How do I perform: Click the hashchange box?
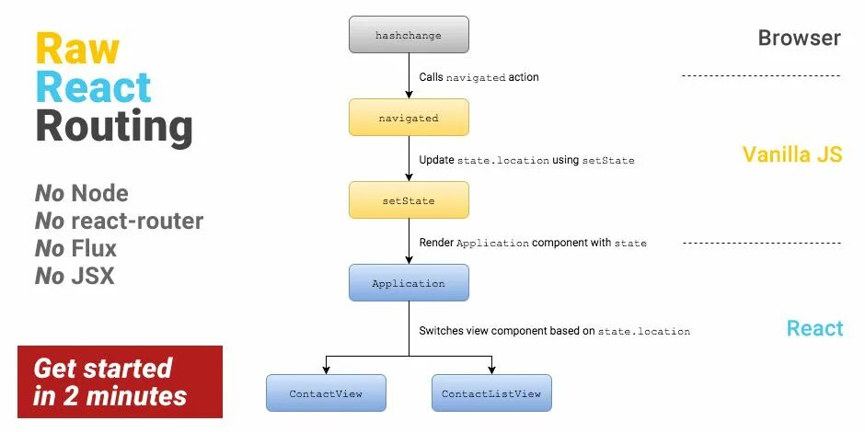tap(409, 35)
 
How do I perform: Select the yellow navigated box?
tap(409, 118)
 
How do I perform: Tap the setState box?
tap(409, 199)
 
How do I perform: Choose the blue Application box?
tap(409, 283)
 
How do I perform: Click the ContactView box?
tap(326, 393)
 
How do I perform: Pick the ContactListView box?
tap(491, 393)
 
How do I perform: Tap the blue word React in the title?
tap(93, 87)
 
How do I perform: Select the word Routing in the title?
tap(114, 127)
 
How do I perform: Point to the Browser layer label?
tap(799, 38)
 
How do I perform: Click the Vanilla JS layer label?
tap(791, 154)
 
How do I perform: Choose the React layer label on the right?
tap(814, 328)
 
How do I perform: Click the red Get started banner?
tap(120, 381)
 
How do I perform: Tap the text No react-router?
tap(119, 221)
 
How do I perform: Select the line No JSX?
tap(75, 275)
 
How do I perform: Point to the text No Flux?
tap(76, 248)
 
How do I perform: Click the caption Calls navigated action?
tap(479, 77)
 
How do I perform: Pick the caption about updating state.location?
tap(526, 160)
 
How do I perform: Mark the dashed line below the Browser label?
tap(760, 75)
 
